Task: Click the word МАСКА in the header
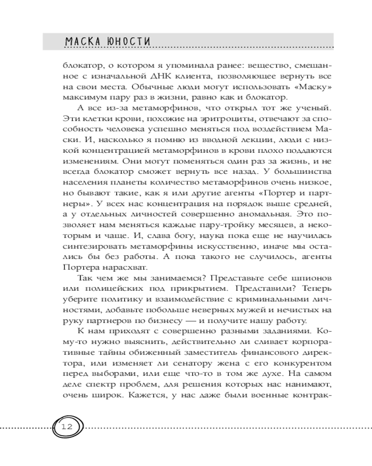click(83, 41)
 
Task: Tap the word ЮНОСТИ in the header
click(129, 41)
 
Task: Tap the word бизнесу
click(177, 322)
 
